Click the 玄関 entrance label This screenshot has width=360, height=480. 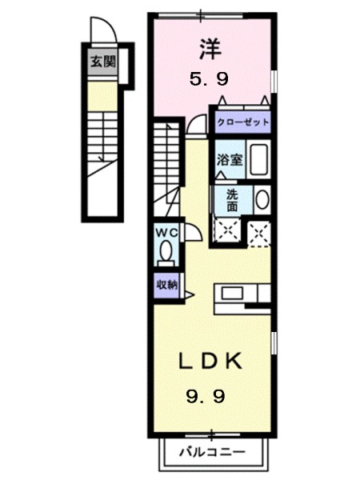coord(103,62)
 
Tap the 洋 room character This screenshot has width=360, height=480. coord(210,49)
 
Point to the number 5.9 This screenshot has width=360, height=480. coord(209,80)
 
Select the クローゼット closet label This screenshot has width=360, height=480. coord(243,122)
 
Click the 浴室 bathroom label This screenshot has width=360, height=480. coord(230,159)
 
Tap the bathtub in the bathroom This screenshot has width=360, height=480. coord(258,159)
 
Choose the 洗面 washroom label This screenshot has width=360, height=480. coord(232,201)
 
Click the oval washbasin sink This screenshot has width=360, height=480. coord(262,199)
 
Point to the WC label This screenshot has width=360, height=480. coord(166,233)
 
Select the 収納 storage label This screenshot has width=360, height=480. coord(167,285)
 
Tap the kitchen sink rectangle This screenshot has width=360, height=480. coord(232,294)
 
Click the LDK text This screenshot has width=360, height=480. coord(210,362)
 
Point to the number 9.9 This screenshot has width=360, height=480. coord(206,397)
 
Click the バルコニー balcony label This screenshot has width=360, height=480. coord(212,452)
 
